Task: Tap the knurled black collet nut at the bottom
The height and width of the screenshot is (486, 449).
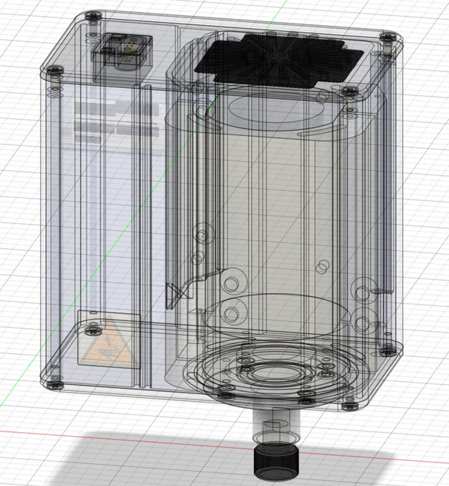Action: pos(276,460)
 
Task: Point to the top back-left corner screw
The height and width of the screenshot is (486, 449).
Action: pos(92,16)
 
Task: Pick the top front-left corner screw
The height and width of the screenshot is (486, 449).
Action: pos(55,70)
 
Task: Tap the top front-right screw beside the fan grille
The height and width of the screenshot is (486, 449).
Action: pos(349,91)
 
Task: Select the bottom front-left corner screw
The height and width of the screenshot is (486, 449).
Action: pos(55,381)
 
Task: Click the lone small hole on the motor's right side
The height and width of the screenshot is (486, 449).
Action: pos(322,267)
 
